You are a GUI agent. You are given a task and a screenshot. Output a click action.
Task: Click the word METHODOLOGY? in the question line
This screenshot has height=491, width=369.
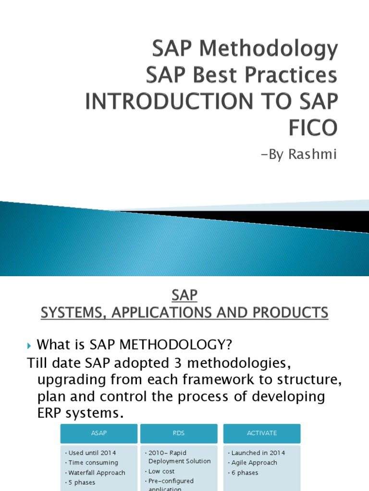tap(177, 344)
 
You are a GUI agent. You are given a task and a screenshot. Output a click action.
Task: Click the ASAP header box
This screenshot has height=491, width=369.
tap(98, 433)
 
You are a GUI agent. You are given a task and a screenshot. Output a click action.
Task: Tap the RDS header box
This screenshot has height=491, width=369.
tap(179, 433)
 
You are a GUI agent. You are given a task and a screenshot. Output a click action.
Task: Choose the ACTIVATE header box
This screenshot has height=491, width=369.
tap(262, 433)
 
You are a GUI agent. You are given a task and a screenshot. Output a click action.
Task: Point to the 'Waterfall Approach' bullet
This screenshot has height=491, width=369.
tap(97, 473)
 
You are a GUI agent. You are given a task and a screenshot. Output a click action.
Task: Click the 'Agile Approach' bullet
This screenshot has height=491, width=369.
tap(254, 463)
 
